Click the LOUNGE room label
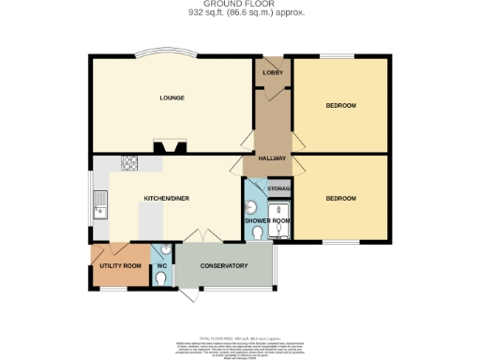click(171, 97)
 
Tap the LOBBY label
click(274, 72)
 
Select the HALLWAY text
click(272, 158)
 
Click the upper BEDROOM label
click(340, 105)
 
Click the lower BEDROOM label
click(340, 198)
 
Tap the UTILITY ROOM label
click(120, 266)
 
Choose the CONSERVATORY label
click(223, 266)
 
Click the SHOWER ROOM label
click(268, 221)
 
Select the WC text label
click(161, 266)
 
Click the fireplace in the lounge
click(171, 145)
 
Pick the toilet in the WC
click(164, 249)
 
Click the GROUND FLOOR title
click(239, 6)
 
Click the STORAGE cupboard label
click(278, 190)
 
